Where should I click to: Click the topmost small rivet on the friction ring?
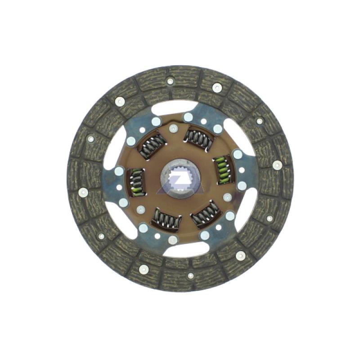click(170, 81)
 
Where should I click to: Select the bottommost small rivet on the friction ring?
click(190, 275)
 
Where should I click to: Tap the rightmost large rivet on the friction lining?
click(277, 165)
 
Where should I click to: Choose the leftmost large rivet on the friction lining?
click(82, 192)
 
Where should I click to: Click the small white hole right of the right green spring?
click(242, 170)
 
